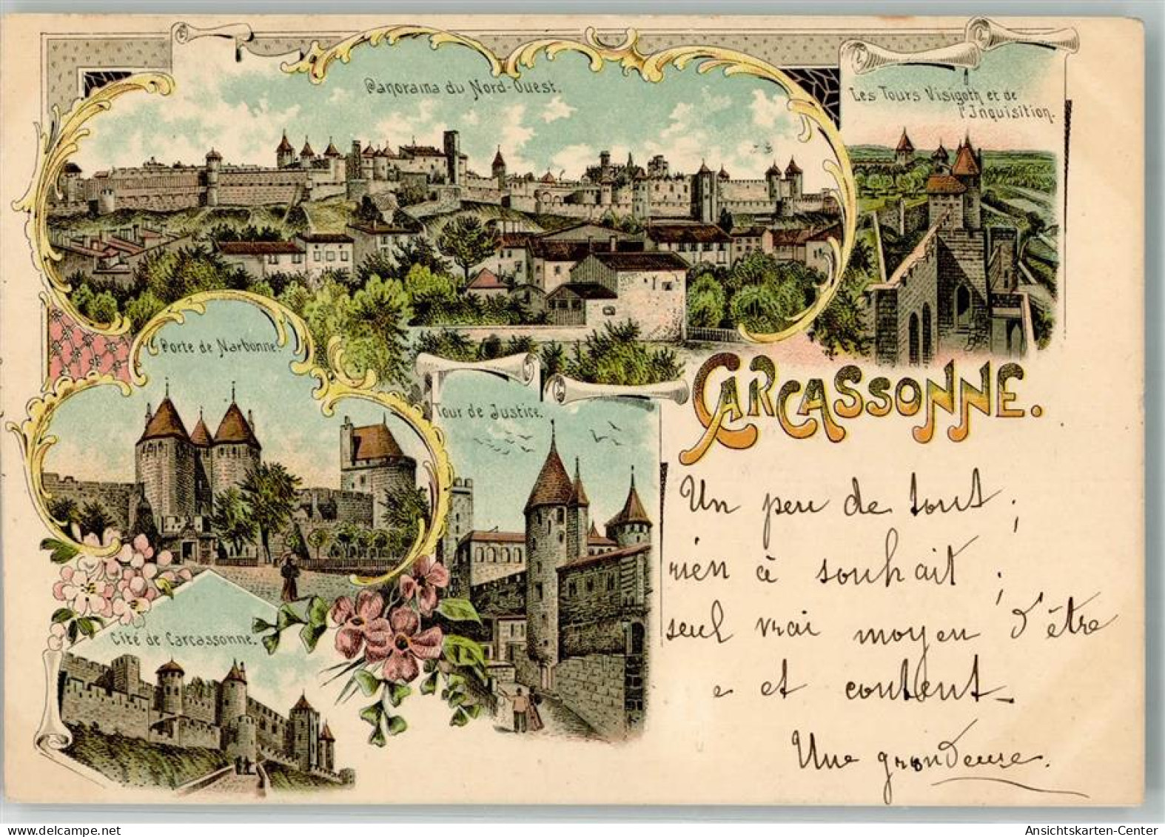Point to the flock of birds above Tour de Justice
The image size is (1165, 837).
coord(511,440)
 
